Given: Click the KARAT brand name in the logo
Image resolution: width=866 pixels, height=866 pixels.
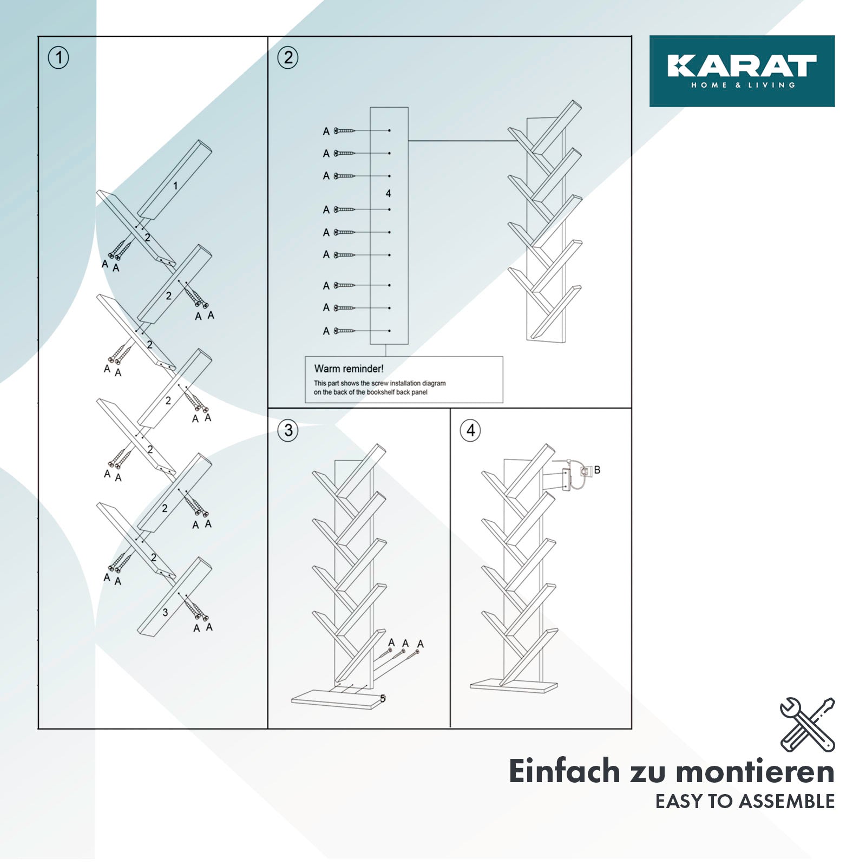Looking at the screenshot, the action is coord(742,65).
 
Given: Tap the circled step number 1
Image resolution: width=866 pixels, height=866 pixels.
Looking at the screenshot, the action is coord(58,57).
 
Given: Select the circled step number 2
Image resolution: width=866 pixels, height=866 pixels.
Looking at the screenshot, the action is coord(288,57).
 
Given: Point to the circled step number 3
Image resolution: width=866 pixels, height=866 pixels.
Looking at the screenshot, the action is coord(288,431).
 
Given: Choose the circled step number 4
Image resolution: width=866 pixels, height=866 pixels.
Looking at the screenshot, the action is coord(470,431).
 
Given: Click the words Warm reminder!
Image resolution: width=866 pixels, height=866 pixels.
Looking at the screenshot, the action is coord(349,369).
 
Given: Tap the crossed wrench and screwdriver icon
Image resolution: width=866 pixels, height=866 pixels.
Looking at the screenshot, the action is coord(807,725).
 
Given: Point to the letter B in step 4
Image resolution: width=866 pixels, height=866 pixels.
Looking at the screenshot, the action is coord(597,470).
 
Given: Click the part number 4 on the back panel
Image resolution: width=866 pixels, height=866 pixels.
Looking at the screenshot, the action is coord(388,193).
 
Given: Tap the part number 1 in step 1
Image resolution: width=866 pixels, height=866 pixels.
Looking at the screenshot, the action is coord(175,186).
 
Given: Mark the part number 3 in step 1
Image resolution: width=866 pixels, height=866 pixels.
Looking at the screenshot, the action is coord(165,613).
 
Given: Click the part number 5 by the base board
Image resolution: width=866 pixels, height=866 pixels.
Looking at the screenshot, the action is coord(383,699).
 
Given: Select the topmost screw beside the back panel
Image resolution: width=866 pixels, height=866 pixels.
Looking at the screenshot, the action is coord(344,130).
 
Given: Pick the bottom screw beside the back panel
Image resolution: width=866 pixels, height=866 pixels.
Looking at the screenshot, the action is coord(344,331).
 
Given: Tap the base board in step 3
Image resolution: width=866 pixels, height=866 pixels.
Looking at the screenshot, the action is coord(332,699).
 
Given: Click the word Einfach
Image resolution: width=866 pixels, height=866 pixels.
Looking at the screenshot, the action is coord(564,771).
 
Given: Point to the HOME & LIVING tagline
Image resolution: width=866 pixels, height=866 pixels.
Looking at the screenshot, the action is coord(743,85).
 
